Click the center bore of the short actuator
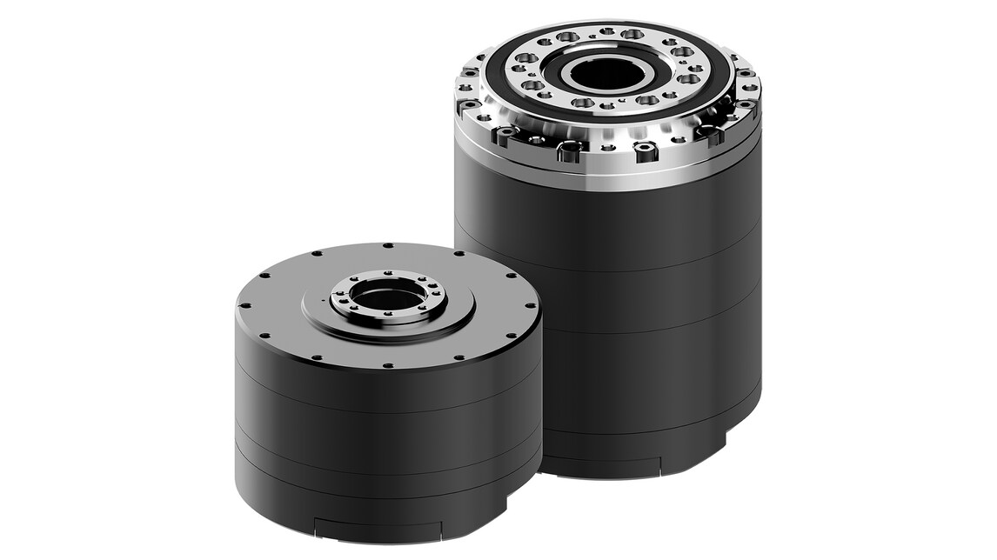tap(388, 297)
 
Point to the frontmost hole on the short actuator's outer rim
tap(388, 366)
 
